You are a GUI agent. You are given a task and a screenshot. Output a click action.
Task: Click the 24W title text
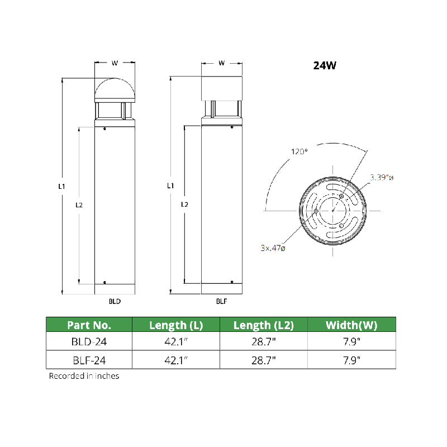[x=324, y=65]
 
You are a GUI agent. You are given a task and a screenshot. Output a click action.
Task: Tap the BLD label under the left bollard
[x=115, y=301]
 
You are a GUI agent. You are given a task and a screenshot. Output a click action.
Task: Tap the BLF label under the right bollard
[x=221, y=301]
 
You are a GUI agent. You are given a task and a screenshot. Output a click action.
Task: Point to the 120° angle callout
[x=298, y=151]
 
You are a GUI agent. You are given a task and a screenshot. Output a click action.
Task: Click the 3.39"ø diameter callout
[x=382, y=178]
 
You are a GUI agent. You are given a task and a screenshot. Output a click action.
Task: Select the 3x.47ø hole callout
[x=272, y=248]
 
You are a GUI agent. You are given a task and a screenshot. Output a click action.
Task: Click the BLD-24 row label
[x=89, y=341]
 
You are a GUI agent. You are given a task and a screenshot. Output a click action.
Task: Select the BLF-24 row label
[x=89, y=360]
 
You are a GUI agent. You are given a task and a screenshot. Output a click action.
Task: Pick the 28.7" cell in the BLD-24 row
[x=263, y=341]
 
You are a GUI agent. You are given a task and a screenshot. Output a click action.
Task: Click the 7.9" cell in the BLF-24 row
[x=351, y=360]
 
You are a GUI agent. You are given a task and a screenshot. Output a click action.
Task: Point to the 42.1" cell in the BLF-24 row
[x=175, y=360]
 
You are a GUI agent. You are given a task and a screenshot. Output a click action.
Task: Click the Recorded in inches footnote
[x=84, y=376]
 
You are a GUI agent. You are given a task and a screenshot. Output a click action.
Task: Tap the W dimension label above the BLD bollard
[x=115, y=63]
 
